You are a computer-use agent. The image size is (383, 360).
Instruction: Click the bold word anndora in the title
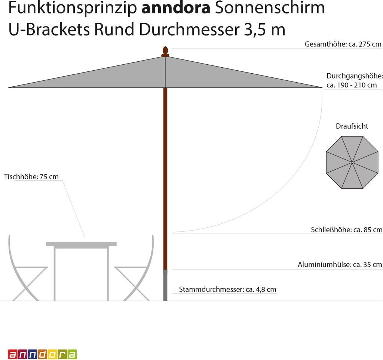coord(175,8)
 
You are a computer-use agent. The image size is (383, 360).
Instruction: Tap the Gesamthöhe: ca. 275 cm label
coord(343,44)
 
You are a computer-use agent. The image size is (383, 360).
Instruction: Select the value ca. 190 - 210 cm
coord(352,85)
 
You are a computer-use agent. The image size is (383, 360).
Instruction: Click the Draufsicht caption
coord(352,126)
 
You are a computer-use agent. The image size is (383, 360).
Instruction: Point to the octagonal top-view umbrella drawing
coord(352,162)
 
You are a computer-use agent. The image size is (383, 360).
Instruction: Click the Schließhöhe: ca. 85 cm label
coord(346,230)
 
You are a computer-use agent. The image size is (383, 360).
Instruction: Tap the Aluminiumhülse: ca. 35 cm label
coord(340,265)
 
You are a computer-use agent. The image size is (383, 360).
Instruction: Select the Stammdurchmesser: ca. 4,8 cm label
coord(227,289)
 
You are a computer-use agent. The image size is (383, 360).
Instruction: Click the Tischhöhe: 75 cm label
coord(31,176)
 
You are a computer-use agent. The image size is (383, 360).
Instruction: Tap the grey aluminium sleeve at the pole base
coord(165,285)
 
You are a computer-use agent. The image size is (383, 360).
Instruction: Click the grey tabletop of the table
coord(81,244)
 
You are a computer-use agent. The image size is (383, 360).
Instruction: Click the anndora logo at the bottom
coord(42,354)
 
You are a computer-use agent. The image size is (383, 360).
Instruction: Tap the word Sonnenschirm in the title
coord(269,8)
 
